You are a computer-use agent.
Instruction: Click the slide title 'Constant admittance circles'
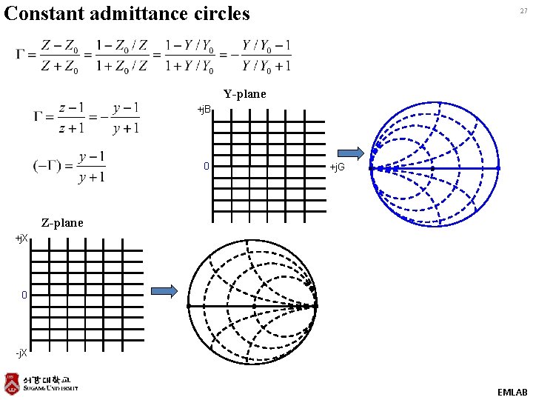coord(127,13)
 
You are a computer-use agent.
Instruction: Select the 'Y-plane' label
coord(244,94)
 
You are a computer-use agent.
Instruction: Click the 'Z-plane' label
coord(62,222)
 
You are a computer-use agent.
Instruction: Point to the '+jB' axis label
coord(204,110)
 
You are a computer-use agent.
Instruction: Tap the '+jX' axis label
coord(21,239)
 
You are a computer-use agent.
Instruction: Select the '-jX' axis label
coord(21,353)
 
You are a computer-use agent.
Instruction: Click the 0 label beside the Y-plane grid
coord(207,167)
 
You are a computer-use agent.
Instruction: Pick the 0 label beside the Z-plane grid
coord(24,295)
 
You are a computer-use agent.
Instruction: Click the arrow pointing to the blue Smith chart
coord(355,153)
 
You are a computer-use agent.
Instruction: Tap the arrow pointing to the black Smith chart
coord(165,291)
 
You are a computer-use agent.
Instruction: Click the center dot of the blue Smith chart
coord(432,168)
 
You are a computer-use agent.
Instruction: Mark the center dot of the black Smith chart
coord(253,305)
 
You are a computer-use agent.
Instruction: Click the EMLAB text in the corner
coord(512,392)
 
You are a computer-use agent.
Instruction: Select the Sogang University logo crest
coord(11,382)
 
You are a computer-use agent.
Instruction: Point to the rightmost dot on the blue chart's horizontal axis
coord(498,168)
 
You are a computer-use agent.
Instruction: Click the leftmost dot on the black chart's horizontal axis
coord(190,305)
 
